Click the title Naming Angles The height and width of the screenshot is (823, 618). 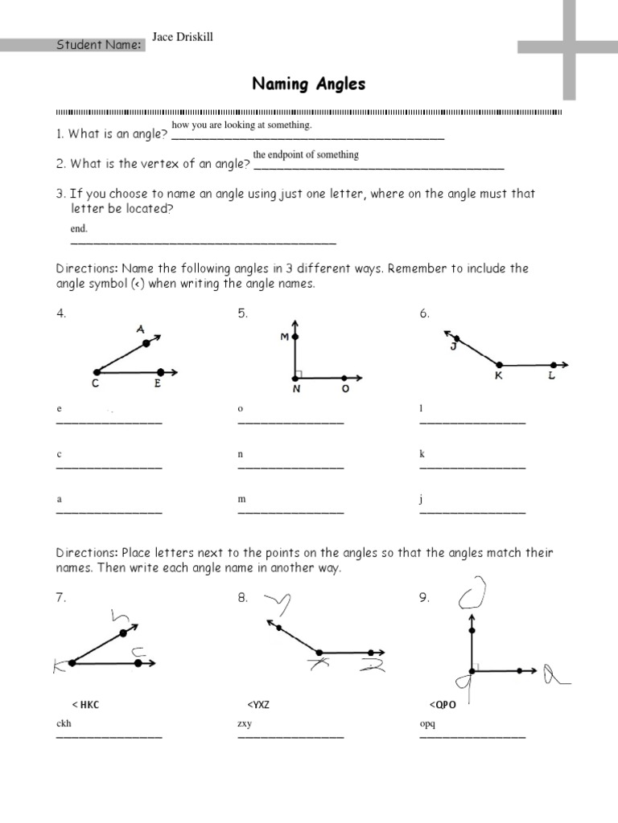pyautogui.click(x=309, y=84)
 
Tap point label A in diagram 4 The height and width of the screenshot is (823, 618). pyautogui.click(x=140, y=329)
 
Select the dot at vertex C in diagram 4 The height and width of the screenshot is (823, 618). pyautogui.click(x=97, y=371)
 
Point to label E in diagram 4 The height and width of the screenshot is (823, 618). pyautogui.click(x=158, y=385)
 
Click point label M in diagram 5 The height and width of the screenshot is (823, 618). pyautogui.click(x=284, y=338)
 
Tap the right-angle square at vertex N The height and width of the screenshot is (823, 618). pyautogui.click(x=299, y=373)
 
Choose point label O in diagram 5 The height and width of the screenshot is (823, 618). pyautogui.click(x=345, y=390)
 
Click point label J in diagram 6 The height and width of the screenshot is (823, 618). pyautogui.click(x=453, y=346)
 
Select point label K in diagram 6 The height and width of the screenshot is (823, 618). pyautogui.click(x=499, y=376)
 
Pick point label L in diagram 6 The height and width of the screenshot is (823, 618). pyautogui.click(x=552, y=376)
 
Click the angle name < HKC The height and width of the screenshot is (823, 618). pyautogui.click(x=86, y=705)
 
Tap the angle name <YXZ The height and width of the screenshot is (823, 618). pyautogui.click(x=258, y=705)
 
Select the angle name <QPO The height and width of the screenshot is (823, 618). pyautogui.click(x=443, y=705)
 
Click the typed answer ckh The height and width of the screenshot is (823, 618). pyautogui.click(x=64, y=723)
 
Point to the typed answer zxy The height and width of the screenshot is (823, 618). pyautogui.click(x=245, y=723)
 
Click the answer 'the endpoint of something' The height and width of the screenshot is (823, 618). pyautogui.click(x=306, y=154)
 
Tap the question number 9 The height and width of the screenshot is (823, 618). pyautogui.click(x=423, y=598)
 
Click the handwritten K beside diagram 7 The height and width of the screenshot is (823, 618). pyautogui.click(x=59, y=665)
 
